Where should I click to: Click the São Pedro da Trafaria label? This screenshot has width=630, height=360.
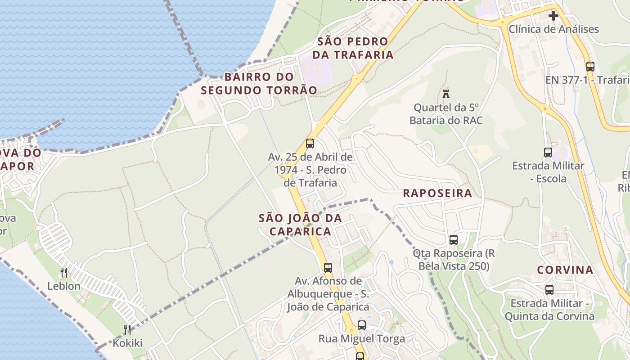(x=355, y=48)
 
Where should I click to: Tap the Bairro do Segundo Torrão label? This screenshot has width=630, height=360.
(x=259, y=84)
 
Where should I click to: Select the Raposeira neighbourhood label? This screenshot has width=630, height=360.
(x=437, y=193)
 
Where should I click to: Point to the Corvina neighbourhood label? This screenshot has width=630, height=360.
(x=565, y=270)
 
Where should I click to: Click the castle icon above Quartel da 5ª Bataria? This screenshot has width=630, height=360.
(x=446, y=94)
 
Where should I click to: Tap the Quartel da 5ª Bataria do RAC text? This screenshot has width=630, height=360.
(x=446, y=114)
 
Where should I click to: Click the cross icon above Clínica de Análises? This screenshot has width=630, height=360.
(x=553, y=16)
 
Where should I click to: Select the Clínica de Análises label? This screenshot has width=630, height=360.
(x=553, y=29)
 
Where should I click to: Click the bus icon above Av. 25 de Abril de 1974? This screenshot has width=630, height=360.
(x=310, y=144)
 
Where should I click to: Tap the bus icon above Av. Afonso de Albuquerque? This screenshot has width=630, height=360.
(x=328, y=267)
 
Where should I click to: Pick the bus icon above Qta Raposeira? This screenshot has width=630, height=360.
(x=454, y=240)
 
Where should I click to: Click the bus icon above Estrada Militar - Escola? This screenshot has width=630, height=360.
(x=548, y=152)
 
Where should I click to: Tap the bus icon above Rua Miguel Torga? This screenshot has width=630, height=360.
(x=361, y=325)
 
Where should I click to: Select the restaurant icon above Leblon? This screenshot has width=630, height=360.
(x=64, y=272)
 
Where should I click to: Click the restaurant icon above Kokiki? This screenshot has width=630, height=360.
(x=127, y=330)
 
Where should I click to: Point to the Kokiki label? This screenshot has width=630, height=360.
(x=127, y=343)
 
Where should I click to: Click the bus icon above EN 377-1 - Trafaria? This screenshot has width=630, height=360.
(x=590, y=67)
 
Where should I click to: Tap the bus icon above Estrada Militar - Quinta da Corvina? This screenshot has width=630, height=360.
(x=549, y=290)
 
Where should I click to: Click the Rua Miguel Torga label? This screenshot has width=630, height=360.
(x=362, y=339)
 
